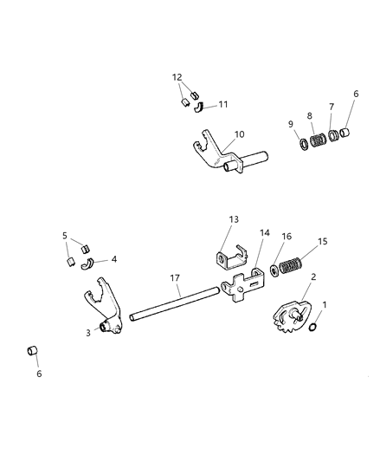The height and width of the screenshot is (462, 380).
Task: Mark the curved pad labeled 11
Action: (x=201, y=107)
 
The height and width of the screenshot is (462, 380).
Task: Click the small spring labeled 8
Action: (x=319, y=139)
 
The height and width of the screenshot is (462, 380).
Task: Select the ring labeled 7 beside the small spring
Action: (x=334, y=136)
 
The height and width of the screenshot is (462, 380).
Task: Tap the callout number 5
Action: (x=65, y=235)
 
